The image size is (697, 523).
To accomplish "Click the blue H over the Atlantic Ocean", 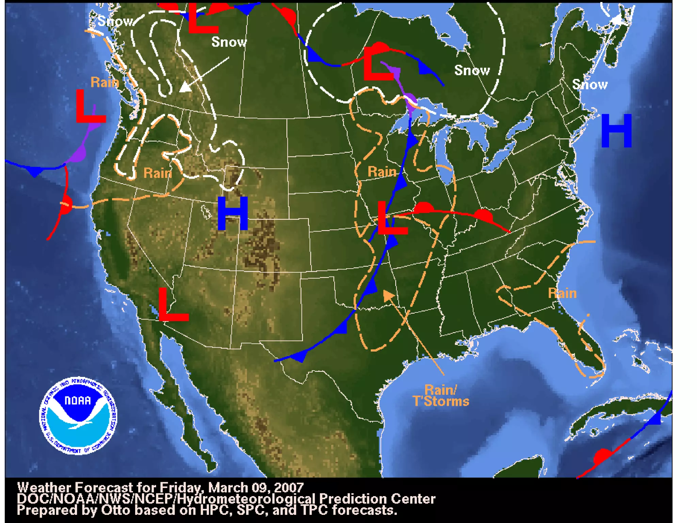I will point(616,131).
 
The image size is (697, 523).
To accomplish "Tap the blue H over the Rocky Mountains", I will point(232,213).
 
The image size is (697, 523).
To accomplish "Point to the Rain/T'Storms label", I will point(441,396).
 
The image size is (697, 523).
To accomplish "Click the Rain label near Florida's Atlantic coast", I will point(562,294).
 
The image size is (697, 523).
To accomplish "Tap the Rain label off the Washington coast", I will point(105,82).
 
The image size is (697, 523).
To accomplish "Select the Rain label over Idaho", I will point(158,173).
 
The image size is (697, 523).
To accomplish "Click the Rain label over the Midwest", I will point(382,172).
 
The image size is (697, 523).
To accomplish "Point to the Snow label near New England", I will point(590,84).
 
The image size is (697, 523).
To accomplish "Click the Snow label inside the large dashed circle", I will point(472,70).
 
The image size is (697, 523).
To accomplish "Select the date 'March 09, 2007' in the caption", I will point(256,488).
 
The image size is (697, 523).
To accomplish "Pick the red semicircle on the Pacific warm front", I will point(67,204).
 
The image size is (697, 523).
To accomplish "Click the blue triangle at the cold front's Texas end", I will point(299,356).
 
